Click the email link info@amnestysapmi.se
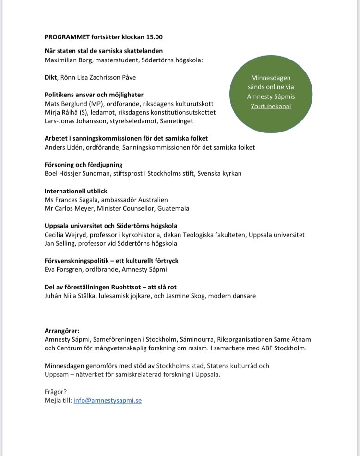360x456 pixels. coord(108,400)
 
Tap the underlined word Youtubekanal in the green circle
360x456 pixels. coord(271,106)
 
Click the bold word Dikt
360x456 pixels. coord(51,77)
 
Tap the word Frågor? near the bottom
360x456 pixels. coord(56,392)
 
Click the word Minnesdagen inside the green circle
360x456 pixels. coord(271,78)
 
